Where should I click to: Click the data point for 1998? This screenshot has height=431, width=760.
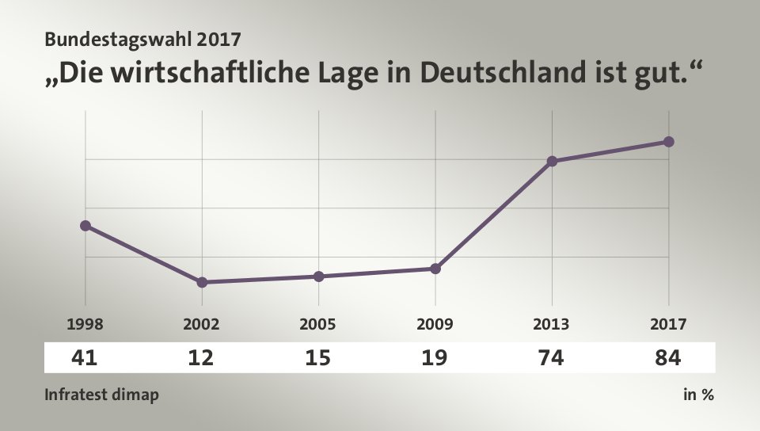[x=85, y=226]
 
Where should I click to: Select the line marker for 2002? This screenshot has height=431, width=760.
[x=202, y=282]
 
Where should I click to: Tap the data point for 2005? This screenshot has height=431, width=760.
[x=318, y=277]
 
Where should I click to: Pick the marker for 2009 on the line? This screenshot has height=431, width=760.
[x=435, y=269]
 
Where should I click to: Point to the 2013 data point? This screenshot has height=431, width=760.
[x=552, y=162]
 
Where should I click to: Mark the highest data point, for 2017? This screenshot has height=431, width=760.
[x=668, y=142]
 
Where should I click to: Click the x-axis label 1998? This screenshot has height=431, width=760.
[x=85, y=324]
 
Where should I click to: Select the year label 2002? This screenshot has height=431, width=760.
[x=202, y=324]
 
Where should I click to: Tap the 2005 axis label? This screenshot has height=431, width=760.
[x=318, y=324]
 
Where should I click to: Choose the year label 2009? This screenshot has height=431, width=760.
[x=435, y=324]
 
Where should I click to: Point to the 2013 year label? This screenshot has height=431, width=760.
[x=552, y=324]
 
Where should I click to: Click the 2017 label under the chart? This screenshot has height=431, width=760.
[x=668, y=324]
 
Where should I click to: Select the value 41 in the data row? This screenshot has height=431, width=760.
[x=85, y=358]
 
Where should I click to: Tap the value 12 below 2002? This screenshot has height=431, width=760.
[x=202, y=358]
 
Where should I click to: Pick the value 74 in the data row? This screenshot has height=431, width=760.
[x=552, y=358]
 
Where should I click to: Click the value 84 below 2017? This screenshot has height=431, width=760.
[x=668, y=358]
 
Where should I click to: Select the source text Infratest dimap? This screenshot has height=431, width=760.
[x=101, y=395]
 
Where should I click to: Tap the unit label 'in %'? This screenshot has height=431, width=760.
[x=698, y=395]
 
